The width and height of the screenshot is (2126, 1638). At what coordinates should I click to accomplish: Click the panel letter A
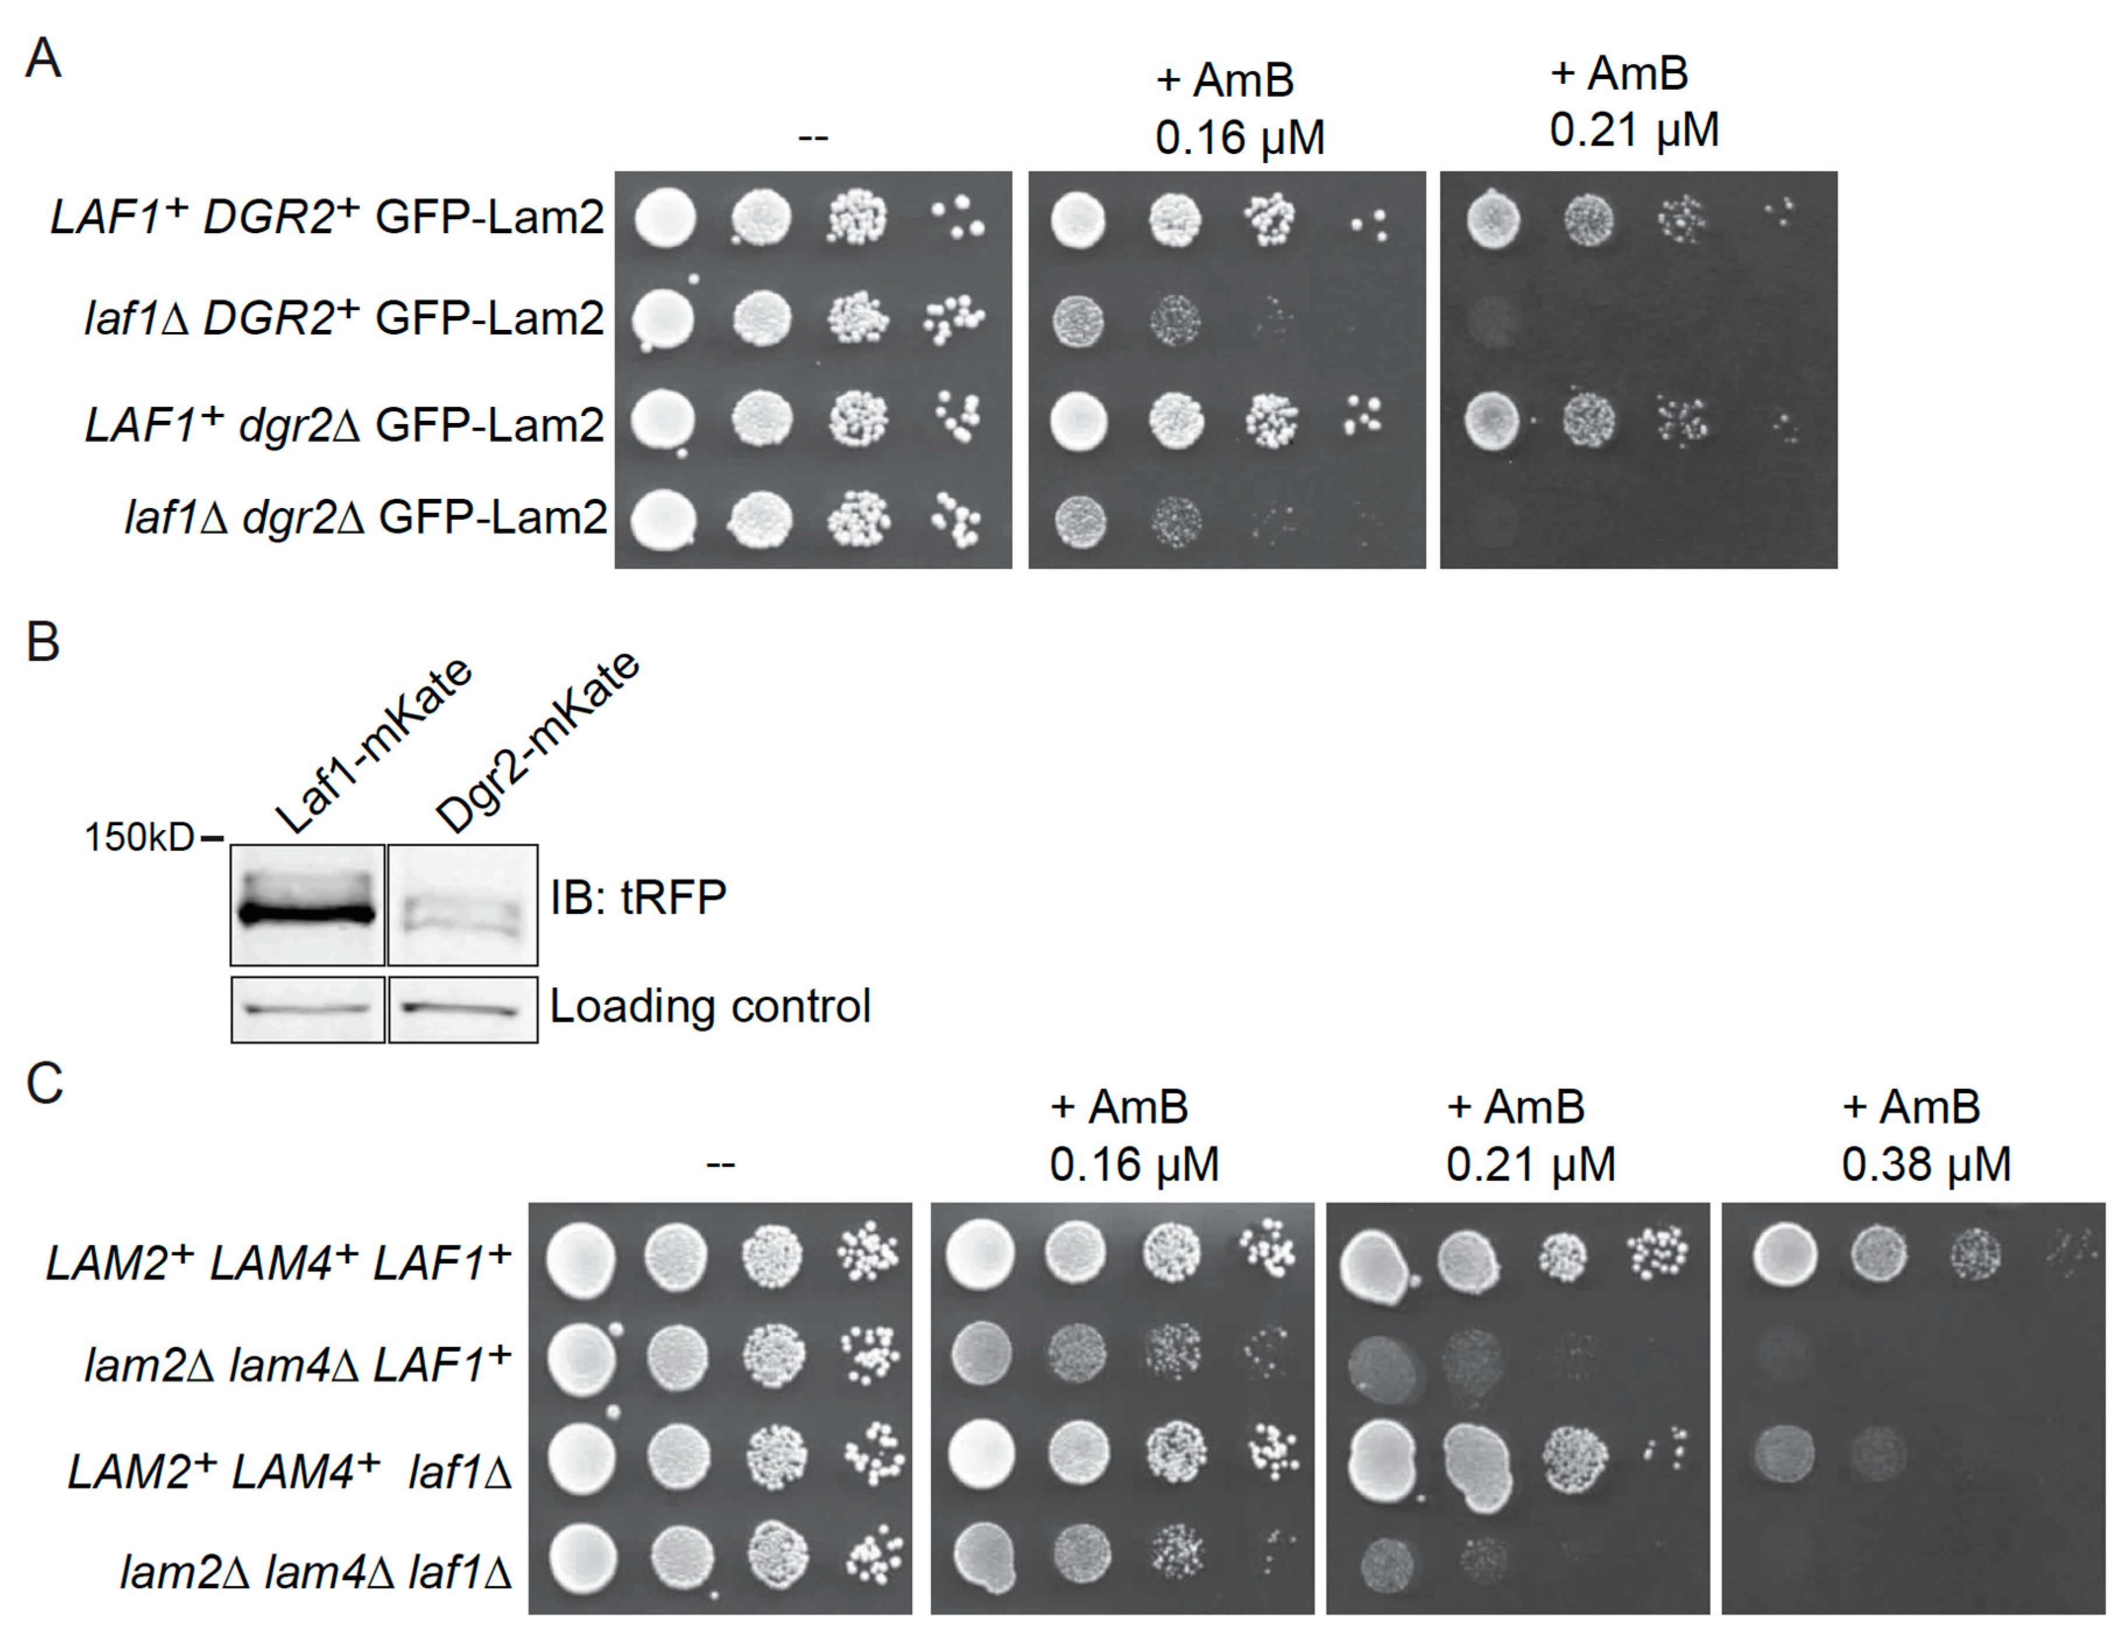pos(43,61)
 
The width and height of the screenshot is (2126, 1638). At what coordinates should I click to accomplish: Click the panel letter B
pos(43,643)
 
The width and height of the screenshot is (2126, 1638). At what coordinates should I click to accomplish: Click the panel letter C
pos(45,1083)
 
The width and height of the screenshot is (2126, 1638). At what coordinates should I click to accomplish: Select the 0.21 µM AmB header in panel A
pos(1634,102)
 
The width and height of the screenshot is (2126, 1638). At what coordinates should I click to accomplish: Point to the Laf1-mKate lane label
pos(373,745)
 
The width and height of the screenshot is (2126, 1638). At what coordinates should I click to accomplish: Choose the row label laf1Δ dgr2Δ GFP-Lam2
pos(365,517)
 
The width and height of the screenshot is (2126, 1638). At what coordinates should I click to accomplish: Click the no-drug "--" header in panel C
pos(720,1163)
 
